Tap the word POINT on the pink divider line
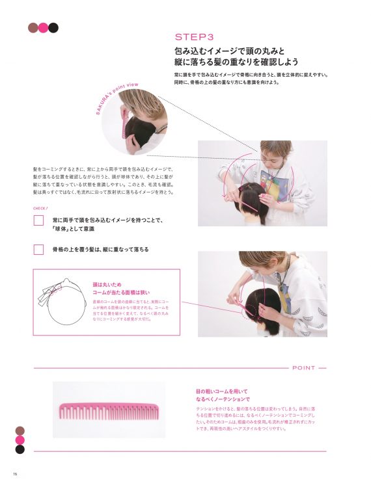pos(304,368)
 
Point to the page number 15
pos(13,473)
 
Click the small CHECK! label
pos(40,209)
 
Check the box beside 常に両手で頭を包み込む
pos(38,220)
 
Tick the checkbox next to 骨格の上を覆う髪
pos(38,249)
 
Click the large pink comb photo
pos(109,410)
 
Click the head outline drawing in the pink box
pos(66,302)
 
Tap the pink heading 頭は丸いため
pos(107,284)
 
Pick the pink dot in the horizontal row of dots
pos(43,27)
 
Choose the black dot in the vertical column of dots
pos(20,449)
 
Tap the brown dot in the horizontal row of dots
pos(33,27)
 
